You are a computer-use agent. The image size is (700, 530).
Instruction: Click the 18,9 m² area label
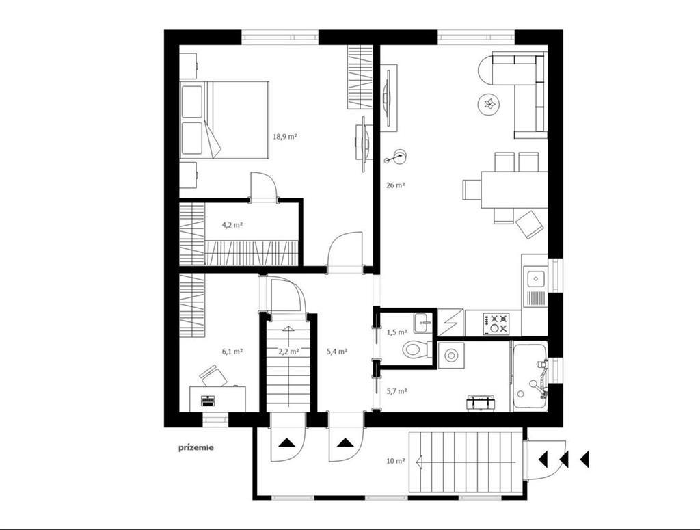[285, 137]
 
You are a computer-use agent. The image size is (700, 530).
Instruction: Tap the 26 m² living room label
[395, 185]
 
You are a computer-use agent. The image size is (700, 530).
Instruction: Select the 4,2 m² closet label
[232, 225]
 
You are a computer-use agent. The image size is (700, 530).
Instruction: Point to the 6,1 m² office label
[232, 352]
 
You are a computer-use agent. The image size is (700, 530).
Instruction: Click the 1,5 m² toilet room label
[397, 332]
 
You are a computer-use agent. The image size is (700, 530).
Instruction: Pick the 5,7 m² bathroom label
[397, 391]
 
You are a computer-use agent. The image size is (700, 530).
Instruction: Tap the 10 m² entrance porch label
[396, 461]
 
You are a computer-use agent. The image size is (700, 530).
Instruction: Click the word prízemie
[196, 447]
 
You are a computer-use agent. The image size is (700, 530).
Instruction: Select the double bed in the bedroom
[224, 120]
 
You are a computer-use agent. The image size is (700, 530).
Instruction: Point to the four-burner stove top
[495, 323]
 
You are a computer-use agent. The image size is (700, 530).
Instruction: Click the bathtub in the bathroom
[530, 376]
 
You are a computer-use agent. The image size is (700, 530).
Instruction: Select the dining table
[514, 190]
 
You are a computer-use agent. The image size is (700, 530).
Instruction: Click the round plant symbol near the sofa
[489, 105]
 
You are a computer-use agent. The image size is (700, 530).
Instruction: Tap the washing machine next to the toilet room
[451, 356]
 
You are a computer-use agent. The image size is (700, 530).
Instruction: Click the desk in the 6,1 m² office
[217, 399]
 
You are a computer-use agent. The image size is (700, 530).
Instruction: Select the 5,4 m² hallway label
[337, 352]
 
